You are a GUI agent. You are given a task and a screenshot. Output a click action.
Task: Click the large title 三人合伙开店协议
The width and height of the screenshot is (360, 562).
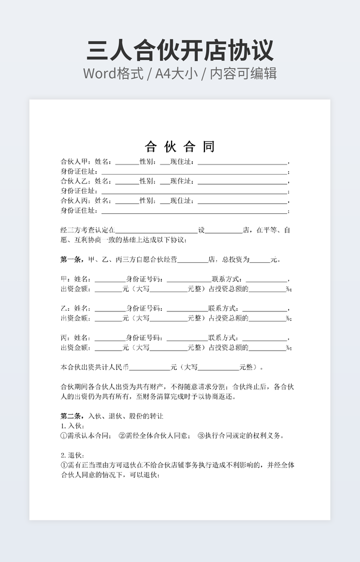coord(180,50)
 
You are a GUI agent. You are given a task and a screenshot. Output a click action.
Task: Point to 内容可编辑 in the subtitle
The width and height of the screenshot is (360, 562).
coord(244,73)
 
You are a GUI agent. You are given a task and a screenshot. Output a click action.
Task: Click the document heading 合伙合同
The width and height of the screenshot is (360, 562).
coord(180,146)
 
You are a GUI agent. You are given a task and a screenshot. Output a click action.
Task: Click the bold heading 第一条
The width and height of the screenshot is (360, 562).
coord(71,260)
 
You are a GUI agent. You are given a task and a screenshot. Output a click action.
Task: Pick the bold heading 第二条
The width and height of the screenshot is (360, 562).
coord(71,416)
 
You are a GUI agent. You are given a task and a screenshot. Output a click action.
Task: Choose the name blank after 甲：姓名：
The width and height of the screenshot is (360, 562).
coord(109,279)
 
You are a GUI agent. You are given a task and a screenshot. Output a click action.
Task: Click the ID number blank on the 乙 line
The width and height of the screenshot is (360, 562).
coord(187,309)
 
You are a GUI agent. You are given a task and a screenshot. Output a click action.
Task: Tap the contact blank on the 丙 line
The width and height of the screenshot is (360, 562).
coord(266,338)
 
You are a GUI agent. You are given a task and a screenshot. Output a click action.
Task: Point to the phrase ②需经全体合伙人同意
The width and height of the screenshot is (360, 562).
coord(154,435)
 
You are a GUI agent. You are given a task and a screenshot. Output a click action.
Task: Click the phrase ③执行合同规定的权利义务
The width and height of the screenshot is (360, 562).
coord(241,435)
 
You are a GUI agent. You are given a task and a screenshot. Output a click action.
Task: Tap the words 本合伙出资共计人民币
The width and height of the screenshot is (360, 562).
coord(95,367)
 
